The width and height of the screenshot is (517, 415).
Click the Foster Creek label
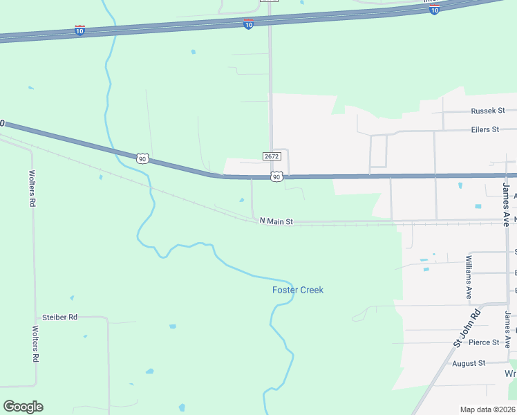click(x=297, y=290)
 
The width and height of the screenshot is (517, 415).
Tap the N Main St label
click(x=276, y=222)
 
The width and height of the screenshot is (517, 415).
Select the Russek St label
click(x=488, y=111)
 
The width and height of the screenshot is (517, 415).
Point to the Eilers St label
click(x=485, y=129)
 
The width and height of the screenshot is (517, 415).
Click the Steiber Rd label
click(x=59, y=317)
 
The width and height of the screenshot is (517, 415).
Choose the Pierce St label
click(x=483, y=342)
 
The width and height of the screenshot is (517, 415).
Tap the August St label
click(x=469, y=363)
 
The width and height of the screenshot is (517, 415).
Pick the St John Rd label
click(x=467, y=329)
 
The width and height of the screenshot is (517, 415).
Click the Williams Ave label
click(x=469, y=277)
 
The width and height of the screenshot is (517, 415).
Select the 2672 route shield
click(x=271, y=157)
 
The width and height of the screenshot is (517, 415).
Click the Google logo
click(x=23, y=407)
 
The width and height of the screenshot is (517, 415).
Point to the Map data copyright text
click(x=487, y=409)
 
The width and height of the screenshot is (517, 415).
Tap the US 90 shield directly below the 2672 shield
click(x=276, y=177)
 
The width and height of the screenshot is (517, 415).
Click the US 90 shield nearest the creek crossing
click(x=142, y=158)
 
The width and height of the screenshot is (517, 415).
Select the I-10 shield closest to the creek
click(x=79, y=30)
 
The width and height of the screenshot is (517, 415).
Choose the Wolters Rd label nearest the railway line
click(x=32, y=189)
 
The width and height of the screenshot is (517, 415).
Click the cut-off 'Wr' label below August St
click(x=510, y=373)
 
